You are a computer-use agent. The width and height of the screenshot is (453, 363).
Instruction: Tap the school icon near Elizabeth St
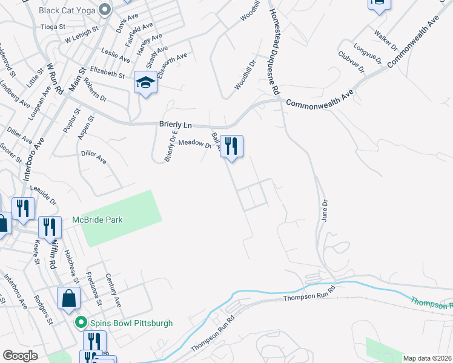145,83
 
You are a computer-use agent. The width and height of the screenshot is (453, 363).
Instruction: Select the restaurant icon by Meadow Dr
231,146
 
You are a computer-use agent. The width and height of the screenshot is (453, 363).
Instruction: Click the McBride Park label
98,220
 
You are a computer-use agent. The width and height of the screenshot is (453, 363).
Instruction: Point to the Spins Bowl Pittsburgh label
131,323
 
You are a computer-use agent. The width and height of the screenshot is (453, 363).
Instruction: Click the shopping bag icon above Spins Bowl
69,298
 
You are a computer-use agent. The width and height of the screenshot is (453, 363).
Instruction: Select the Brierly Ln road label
175,124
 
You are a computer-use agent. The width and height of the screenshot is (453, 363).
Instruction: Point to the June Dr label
324,211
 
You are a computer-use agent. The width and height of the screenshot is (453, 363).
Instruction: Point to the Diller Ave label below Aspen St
94,157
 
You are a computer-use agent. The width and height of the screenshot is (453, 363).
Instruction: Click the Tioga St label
52,27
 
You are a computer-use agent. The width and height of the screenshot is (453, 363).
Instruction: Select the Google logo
21,356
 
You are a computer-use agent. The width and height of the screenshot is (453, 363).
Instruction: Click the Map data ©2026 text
427,358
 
